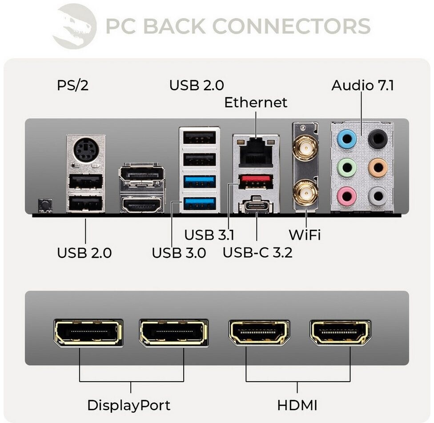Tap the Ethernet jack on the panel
[256, 152]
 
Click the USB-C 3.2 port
[256, 205]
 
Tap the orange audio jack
[378, 168]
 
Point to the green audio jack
[347, 168]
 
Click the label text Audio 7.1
[362, 85]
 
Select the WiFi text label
[305, 234]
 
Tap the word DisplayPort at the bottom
[129, 405]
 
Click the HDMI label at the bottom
[297, 405]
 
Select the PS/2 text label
[72, 85]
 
